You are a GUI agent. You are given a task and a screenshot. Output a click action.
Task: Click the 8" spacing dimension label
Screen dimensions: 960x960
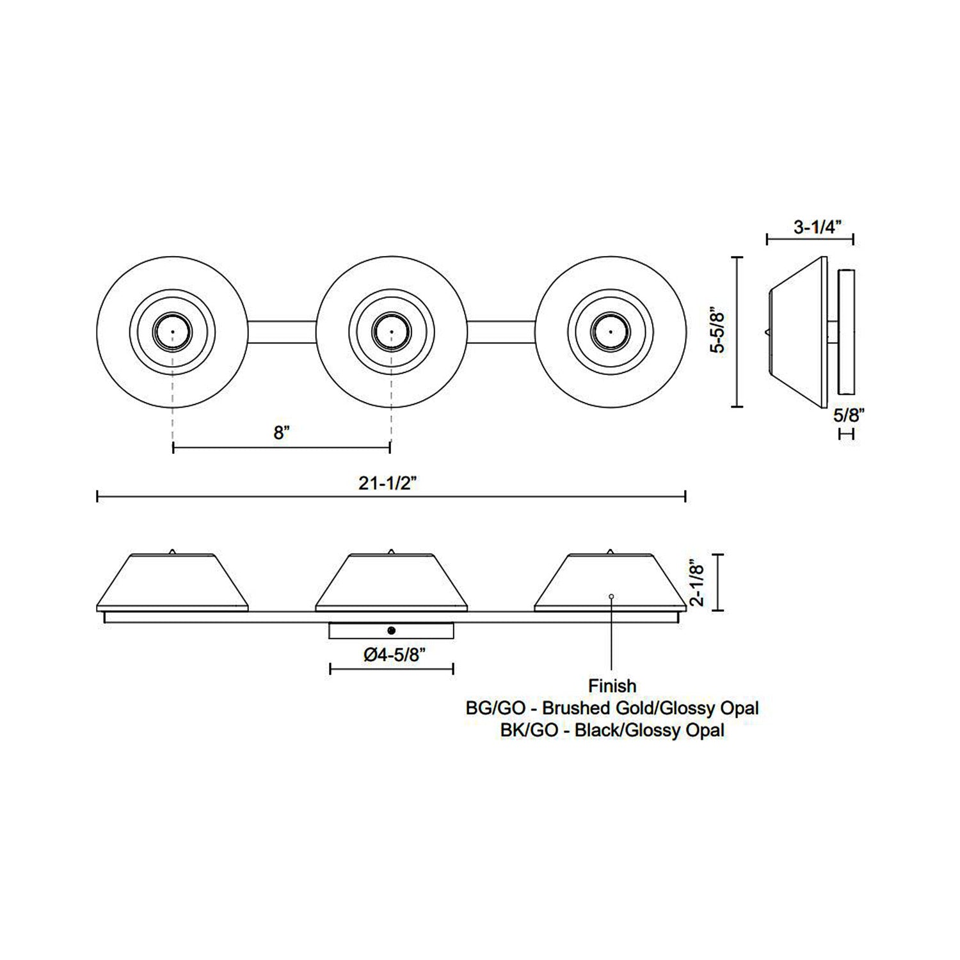282,433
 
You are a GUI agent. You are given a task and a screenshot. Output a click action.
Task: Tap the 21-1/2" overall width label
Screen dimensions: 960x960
388,484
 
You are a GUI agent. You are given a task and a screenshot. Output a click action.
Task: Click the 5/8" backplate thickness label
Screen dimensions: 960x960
849,414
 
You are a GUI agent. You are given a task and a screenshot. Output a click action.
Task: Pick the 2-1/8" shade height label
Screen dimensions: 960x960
697,583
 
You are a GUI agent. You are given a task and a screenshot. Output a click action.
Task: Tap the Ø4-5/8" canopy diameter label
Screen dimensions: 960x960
391,656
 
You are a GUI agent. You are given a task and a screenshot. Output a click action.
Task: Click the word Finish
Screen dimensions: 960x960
612,686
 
